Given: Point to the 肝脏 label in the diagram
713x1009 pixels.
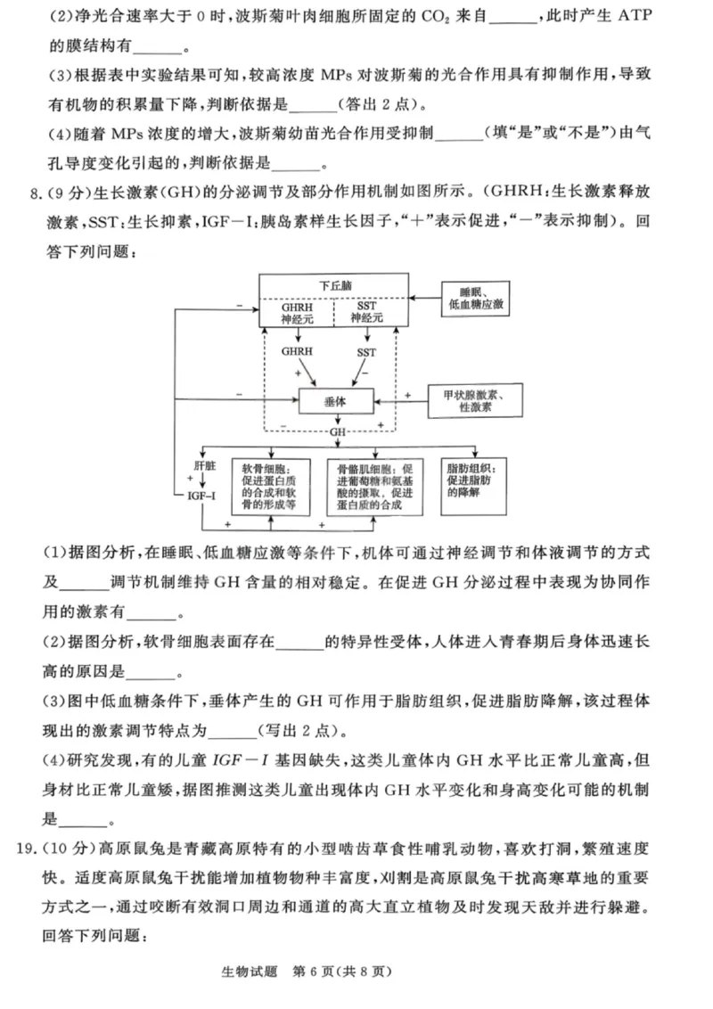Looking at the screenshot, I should click(204, 465).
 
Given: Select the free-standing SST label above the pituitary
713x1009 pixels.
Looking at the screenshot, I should click(367, 352).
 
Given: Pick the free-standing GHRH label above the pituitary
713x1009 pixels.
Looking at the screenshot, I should click(297, 352).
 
